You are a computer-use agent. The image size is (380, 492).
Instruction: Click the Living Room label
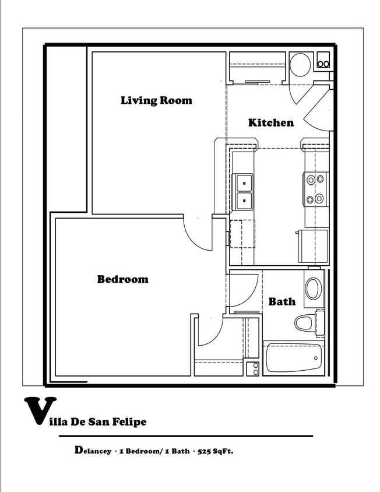(x=156, y=100)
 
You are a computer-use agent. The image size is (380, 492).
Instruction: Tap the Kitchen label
(x=271, y=122)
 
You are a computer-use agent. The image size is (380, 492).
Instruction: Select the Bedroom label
(x=123, y=279)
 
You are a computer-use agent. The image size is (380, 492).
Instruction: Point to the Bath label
(x=282, y=301)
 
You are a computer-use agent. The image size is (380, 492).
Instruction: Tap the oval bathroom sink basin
(x=313, y=289)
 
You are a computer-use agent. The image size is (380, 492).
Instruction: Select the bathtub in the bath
(x=294, y=358)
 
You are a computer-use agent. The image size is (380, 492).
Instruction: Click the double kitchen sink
(x=244, y=192)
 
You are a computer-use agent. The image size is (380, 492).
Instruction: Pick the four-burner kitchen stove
(x=316, y=189)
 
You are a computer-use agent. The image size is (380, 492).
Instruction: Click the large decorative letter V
(x=40, y=410)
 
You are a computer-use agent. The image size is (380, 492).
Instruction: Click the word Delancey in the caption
(x=93, y=451)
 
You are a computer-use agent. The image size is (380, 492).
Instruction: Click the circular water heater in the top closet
(x=300, y=65)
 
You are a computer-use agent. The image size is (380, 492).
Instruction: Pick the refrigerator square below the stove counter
(x=313, y=246)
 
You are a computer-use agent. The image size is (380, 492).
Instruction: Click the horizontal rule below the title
(x=186, y=436)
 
